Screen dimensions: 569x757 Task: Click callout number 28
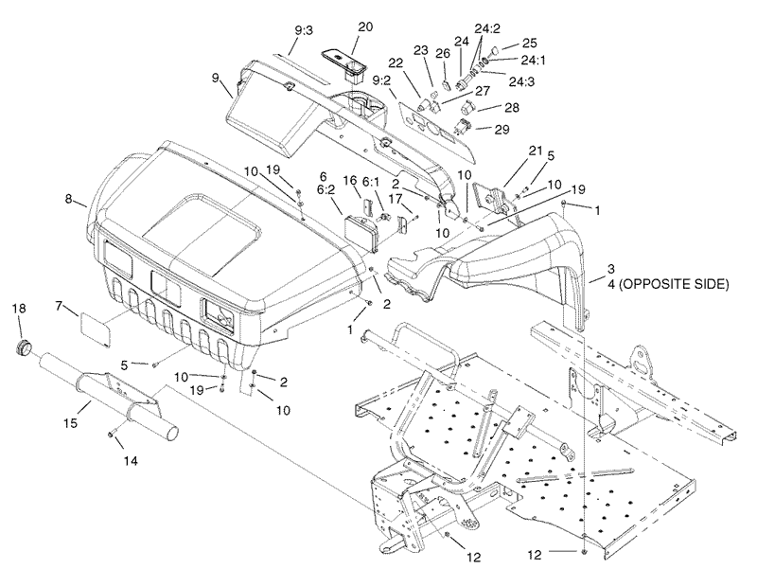(512, 109)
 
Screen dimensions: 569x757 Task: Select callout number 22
(395, 62)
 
